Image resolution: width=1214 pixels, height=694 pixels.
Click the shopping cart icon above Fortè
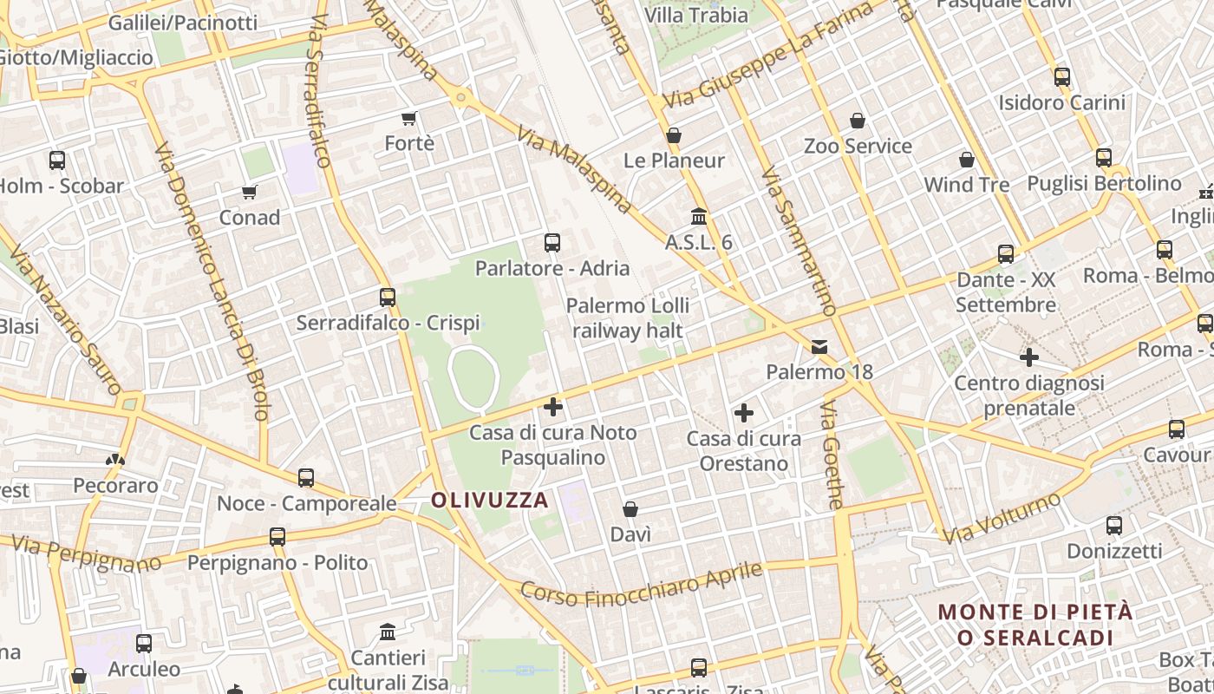[409, 118]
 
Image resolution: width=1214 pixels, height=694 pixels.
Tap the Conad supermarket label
[250, 218]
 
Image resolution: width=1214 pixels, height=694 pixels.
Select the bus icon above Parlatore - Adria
[552, 243]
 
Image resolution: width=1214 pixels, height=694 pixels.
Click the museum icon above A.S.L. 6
[699, 216]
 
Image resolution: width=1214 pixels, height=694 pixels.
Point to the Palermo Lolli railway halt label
[628, 318]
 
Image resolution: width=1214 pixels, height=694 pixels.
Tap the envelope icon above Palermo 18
[819, 347]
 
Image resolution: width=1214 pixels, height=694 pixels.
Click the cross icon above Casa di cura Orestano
[743, 414]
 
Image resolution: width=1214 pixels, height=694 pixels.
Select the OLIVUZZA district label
[490, 500]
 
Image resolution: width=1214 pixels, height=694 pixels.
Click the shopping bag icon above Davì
[630, 509]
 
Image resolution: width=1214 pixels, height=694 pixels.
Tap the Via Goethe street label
[832, 455]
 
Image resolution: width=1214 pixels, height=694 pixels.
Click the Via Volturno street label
[1002, 519]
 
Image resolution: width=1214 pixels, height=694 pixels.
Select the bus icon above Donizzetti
[1114, 526]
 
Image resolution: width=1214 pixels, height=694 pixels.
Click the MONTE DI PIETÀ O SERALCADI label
[1035, 625]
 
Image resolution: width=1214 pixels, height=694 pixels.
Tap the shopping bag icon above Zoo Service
[858, 121]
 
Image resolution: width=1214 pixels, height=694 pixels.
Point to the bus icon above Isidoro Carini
[1062, 77]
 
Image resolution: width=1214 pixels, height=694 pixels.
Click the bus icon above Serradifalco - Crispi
[388, 298]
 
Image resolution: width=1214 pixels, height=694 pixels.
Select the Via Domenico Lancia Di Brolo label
[212, 282]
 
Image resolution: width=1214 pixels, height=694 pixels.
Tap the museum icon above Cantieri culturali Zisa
[388, 632]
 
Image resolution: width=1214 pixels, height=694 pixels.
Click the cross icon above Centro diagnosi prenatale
[1029, 357]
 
